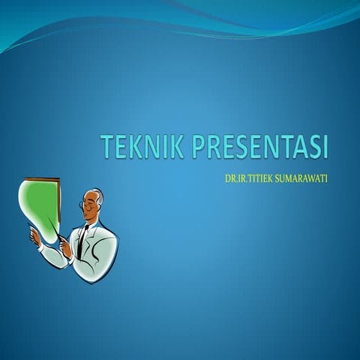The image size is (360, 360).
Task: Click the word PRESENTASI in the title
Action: [260, 148]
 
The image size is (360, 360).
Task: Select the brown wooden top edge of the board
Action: [41, 179]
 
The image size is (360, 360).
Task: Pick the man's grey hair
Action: [98, 196]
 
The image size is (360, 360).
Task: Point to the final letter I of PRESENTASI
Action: [325, 148]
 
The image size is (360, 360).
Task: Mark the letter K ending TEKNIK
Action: [178, 148]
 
